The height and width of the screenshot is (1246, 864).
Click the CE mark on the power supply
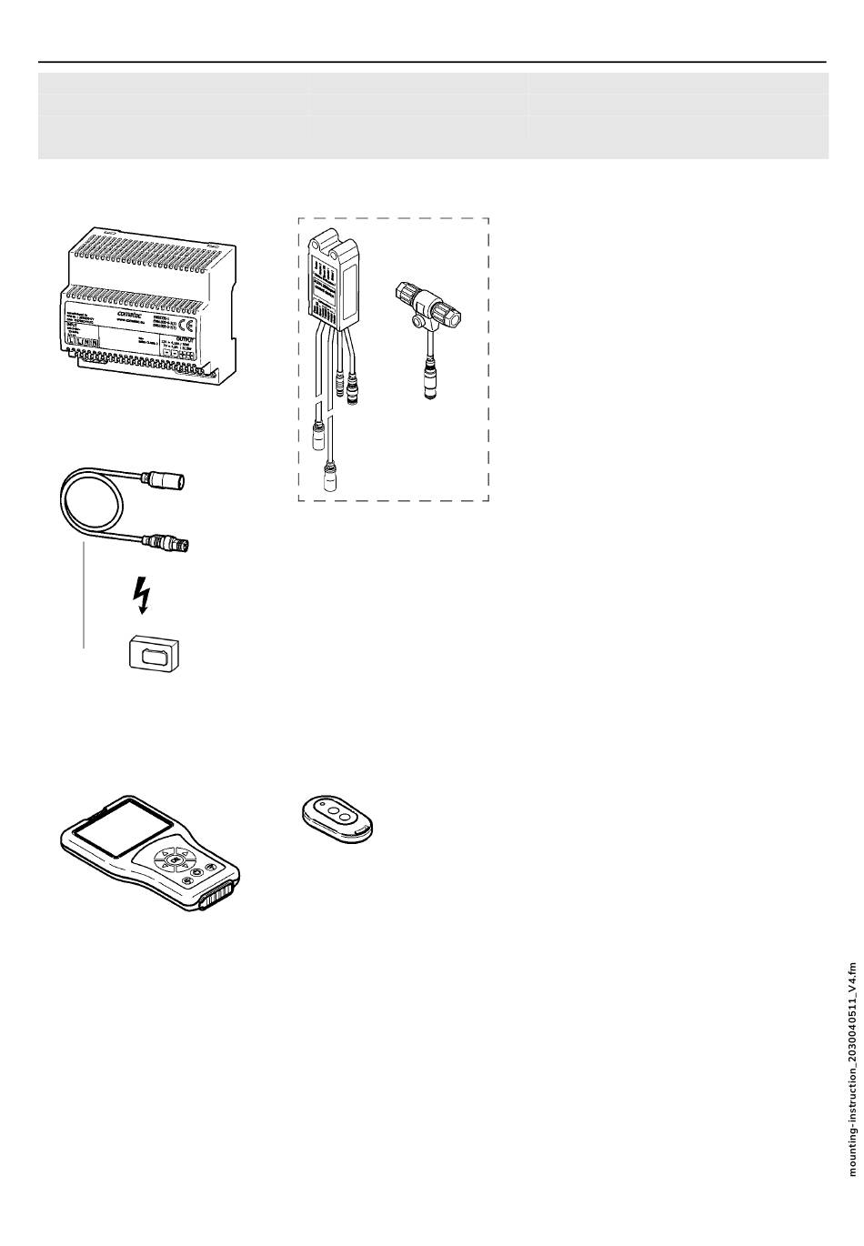click(184, 327)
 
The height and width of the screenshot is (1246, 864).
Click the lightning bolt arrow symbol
click(140, 599)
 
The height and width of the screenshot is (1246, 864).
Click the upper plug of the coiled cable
click(171, 478)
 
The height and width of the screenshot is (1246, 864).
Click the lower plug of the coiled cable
click(170, 545)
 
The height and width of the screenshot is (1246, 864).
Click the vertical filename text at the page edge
click(852, 1070)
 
